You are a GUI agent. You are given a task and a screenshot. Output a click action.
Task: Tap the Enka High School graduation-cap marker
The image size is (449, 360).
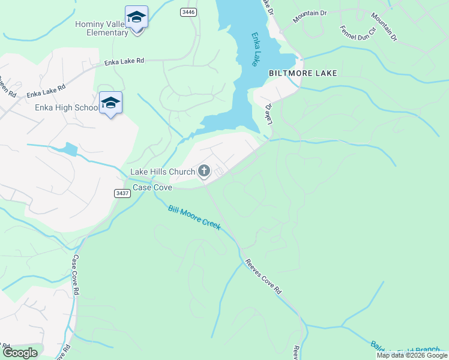pos(110,103)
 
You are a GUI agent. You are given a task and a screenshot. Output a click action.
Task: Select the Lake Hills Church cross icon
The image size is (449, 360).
pos(204,172)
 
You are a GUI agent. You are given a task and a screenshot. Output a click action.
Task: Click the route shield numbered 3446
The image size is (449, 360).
pos(188,11)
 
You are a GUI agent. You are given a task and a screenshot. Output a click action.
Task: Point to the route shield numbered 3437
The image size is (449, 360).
pos(122,193)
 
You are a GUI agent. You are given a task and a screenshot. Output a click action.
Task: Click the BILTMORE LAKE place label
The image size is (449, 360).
pos(303,73)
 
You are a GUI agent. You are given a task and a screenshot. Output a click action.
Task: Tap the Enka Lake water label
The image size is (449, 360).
pos(256,49)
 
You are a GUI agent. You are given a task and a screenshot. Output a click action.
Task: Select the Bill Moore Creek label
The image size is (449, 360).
pos(194,217)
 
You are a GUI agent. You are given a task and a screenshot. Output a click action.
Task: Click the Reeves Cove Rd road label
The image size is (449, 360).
pos(263,276)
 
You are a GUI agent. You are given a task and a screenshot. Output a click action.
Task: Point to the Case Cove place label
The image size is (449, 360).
pos(152,188)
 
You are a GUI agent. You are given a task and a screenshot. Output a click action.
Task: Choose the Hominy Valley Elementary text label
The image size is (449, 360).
pos(102,28)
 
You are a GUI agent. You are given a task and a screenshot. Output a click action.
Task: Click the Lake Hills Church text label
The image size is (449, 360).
pos(163,172)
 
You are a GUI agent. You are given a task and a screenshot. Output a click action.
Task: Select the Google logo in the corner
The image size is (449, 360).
pos(20,353)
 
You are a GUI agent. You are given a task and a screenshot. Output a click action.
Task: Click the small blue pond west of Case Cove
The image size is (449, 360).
pos(70,149)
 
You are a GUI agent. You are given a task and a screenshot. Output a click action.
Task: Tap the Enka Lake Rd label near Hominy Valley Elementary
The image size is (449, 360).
pos(124,61)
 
